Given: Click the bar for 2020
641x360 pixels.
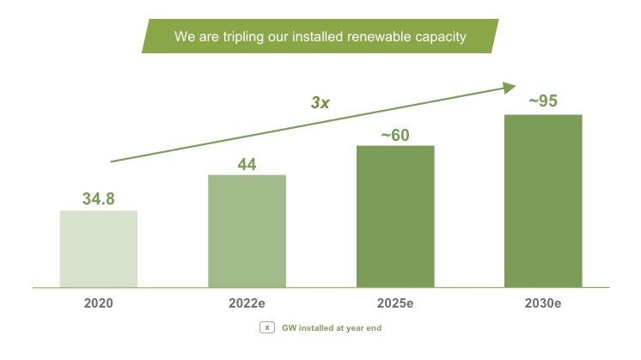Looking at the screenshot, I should coord(99,248).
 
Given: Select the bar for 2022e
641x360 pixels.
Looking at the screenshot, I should coord(247,230).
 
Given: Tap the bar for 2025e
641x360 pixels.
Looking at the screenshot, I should coord(395,216).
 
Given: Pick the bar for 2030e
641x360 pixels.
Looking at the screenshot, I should coord(543,200).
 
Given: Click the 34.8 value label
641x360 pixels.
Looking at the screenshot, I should coord(99,199).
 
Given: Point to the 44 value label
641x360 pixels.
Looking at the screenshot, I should coord(247,164).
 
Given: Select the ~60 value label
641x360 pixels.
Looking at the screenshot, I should coord(395,134).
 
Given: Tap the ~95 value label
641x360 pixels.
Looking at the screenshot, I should coord(543,101).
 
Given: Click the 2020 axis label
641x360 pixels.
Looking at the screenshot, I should coord(99,303).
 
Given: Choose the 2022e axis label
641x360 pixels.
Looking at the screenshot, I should coord(247,303).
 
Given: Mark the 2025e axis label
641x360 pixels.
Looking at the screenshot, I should coord(395,303).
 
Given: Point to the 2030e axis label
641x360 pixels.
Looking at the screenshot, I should coord(543,303).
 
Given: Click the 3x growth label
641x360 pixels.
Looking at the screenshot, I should coord(320,102).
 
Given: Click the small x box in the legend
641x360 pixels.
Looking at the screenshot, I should coord(267,327).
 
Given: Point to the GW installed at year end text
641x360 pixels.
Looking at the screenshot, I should coord(333,327).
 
